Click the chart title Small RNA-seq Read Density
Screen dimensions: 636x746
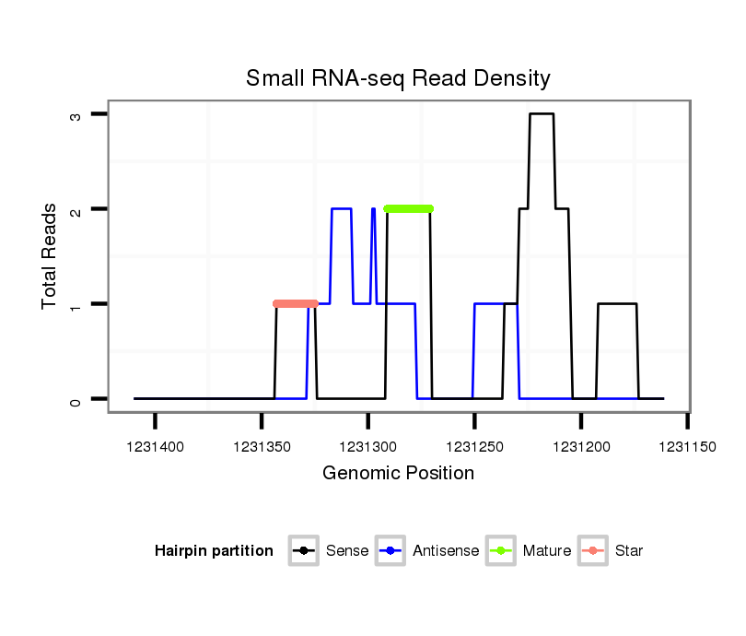tap(398, 78)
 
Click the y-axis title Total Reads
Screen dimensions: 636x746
tap(50, 256)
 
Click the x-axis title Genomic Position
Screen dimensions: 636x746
tap(398, 474)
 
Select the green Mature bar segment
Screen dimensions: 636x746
tap(409, 208)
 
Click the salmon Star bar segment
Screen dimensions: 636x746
tap(296, 303)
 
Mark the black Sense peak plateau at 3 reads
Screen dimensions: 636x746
tap(542, 114)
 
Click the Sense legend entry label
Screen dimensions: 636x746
tap(347, 551)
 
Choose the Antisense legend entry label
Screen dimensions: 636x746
tap(446, 551)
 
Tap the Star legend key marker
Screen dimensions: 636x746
tap(593, 551)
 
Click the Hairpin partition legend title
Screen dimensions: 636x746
tap(214, 551)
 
